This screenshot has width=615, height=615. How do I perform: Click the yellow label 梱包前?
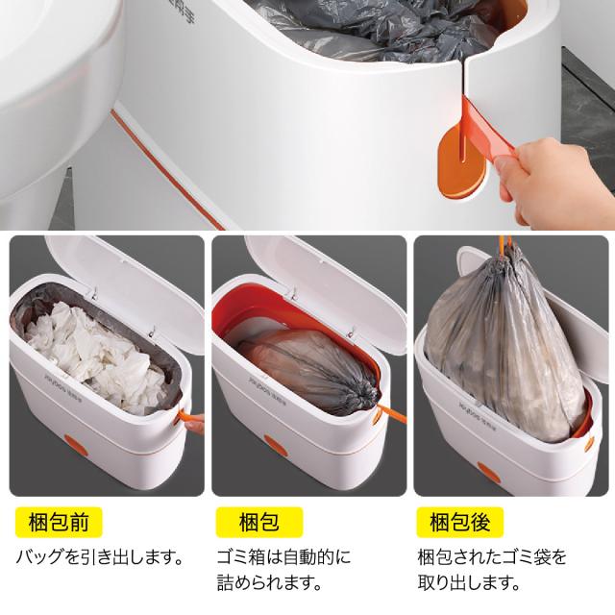59,522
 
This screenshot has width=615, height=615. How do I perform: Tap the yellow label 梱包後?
459,522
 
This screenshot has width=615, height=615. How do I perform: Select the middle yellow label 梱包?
259,522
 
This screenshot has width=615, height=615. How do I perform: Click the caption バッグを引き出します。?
100,557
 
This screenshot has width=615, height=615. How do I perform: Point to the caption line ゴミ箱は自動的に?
284,557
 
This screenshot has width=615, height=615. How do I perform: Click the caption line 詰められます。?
269,582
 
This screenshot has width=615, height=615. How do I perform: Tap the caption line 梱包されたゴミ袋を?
492,557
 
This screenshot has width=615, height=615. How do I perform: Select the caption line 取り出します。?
469,582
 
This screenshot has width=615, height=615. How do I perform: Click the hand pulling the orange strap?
557,177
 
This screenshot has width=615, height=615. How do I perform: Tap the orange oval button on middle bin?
276,445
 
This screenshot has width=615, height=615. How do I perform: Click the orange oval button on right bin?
488,472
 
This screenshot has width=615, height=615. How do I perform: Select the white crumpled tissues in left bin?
96,357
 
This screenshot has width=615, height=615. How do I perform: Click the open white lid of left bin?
126,290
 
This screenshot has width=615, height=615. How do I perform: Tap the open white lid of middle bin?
328,290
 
